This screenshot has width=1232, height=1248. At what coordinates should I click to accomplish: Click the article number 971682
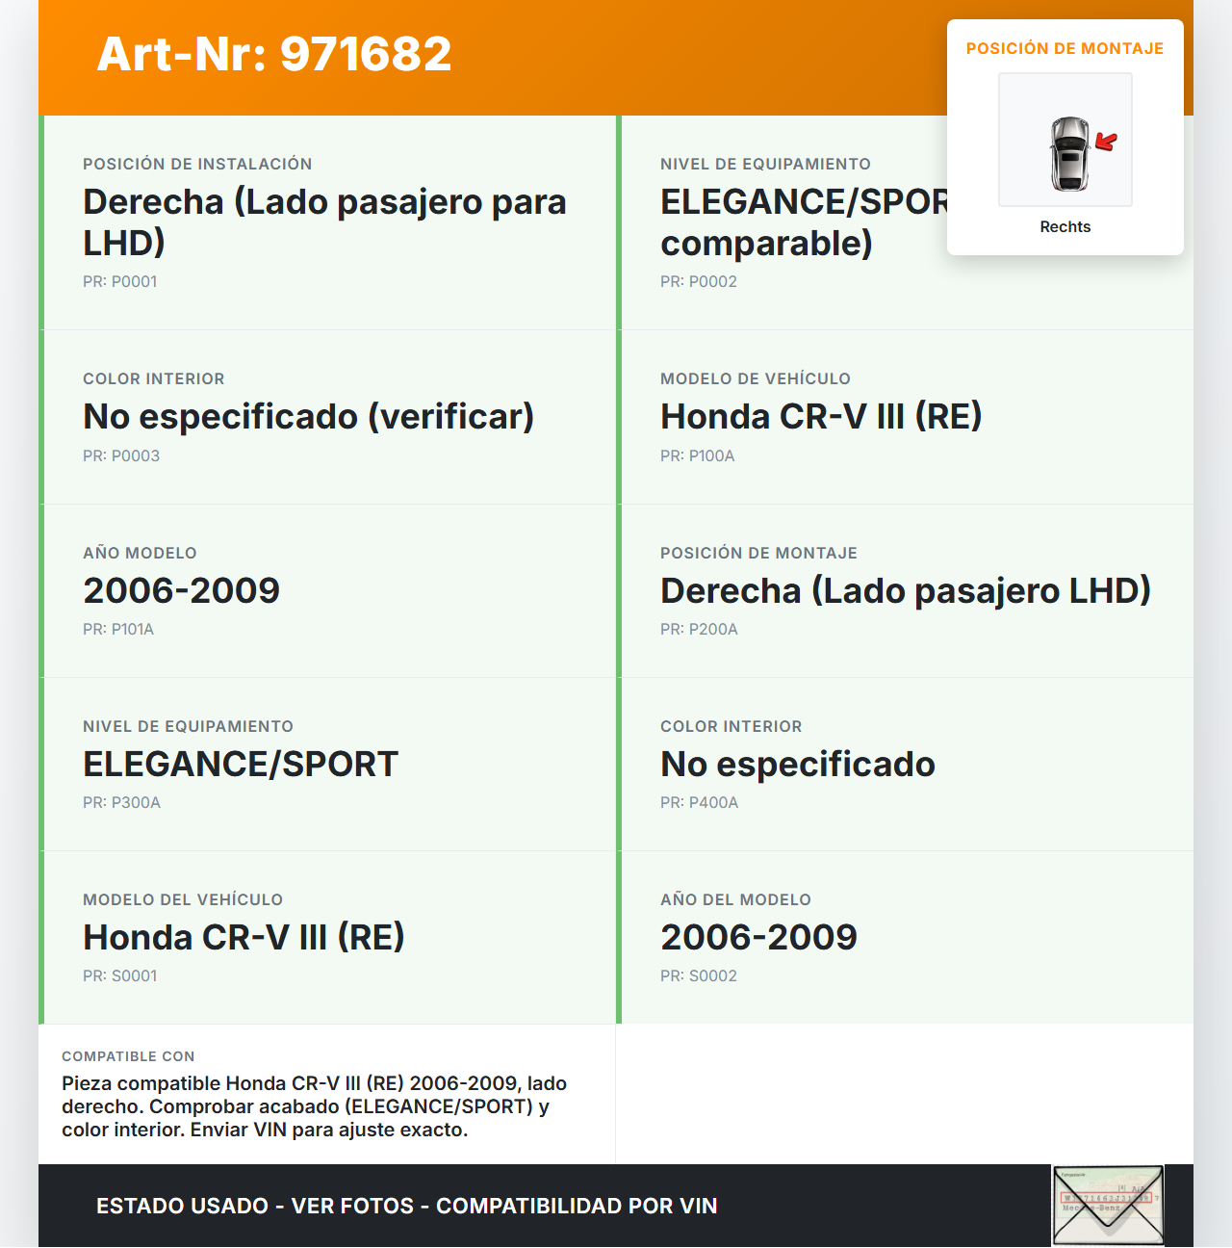pyautogui.click(x=366, y=54)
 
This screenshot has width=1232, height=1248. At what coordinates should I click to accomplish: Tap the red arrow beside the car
pyautogui.click(x=1107, y=143)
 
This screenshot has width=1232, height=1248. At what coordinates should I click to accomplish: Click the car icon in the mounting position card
pyautogui.click(x=1068, y=153)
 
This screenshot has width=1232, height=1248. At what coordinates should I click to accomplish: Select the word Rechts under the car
pyautogui.click(x=1065, y=227)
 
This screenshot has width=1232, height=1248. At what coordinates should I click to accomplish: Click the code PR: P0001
pyautogui.click(x=119, y=282)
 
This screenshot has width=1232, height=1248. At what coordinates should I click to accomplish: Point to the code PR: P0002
pyautogui.click(x=698, y=282)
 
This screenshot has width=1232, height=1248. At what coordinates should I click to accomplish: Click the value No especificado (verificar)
pyautogui.click(x=308, y=417)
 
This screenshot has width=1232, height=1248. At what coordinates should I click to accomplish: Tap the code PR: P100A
pyautogui.click(x=697, y=456)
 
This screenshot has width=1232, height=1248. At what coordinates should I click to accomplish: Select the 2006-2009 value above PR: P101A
pyautogui.click(x=181, y=590)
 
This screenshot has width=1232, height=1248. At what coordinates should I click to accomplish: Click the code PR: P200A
pyautogui.click(x=699, y=630)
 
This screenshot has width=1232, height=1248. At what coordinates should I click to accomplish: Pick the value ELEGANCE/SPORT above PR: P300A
pyautogui.click(x=240, y=765)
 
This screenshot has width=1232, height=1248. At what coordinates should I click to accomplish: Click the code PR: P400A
pyautogui.click(x=699, y=803)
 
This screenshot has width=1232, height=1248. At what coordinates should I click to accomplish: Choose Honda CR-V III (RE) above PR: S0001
pyautogui.click(x=244, y=937)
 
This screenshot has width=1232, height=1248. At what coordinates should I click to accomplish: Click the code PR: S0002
pyautogui.click(x=698, y=976)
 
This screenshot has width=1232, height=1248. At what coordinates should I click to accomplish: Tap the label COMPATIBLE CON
pyautogui.click(x=128, y=1056)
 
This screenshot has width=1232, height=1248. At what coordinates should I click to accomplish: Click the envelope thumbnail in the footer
pyautogui.click(x=1108, y=1205)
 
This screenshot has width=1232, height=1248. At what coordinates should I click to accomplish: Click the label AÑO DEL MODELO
pyautogui.click(x=735, y=899)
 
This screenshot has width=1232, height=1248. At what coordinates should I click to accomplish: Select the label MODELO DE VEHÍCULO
pyautogui.click(x=755, y=379)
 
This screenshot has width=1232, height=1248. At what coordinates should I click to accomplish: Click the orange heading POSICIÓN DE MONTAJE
pyautogui.click(x=1065, y=49)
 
